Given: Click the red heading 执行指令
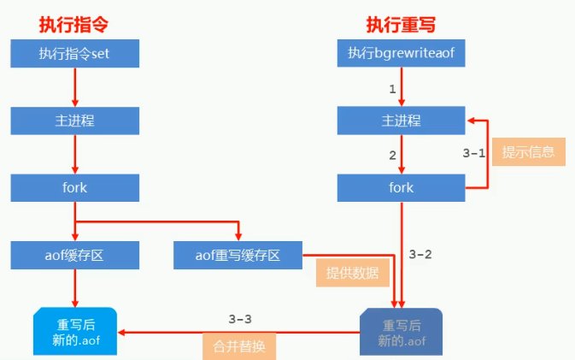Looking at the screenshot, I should tap(73, 23).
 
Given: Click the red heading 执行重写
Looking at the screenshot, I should tap(402, 23).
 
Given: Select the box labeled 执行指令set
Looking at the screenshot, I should tap(74, 54).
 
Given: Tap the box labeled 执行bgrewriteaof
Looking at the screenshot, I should tap(401, 54).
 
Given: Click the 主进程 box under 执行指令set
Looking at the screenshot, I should tap(74, 120).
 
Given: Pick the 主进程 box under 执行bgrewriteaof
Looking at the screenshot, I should tap(401, 120).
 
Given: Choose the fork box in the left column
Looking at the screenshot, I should tap(74, 186).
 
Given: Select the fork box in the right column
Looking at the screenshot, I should tap(401, 186).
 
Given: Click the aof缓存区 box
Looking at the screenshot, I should tap(74, 253).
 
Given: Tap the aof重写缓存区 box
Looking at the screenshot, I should tap(238, 253).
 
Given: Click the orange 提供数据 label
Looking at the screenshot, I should tap(352, 274).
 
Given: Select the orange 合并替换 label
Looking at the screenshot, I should tap(240, 346).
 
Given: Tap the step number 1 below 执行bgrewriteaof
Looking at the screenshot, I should tap(392, 88).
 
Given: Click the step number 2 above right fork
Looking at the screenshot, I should tap(392, 155).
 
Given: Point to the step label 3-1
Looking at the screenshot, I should tap(474, 154).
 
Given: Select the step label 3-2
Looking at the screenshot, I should tap(421, 254).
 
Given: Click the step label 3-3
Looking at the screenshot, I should tap(240, 318).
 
